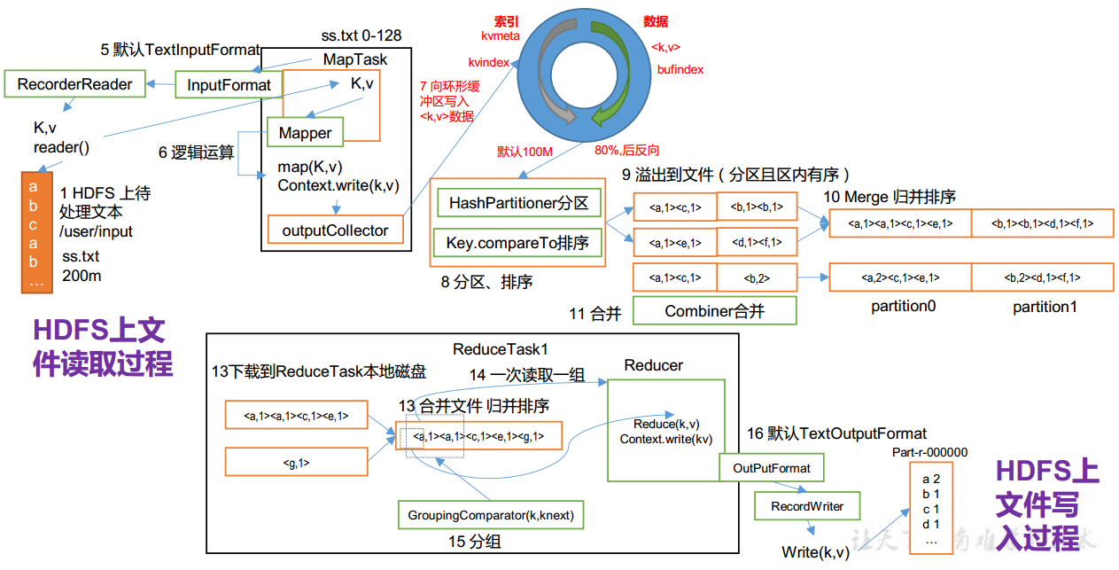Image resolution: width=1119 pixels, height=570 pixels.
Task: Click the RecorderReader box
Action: pyautogui.click(x=74, y=85)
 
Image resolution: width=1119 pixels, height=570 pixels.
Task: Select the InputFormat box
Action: pyautogui.click(x=229, y=85)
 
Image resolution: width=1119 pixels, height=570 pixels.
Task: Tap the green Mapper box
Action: pyautogui.click(x=305, y=133)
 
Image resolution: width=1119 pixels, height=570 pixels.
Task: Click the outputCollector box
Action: pyautogui.click(x=335, y=230)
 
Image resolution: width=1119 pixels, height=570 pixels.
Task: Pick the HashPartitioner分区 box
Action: pyautogui.click(x=518, y=203)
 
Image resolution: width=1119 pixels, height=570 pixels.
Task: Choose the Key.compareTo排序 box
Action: pyautogui.click(x=518, y=243)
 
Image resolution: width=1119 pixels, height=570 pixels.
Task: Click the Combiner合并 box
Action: pyautogui.click(x=714, y=311)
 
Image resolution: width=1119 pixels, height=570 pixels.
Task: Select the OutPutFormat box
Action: pyautogui.click(x=771, y=467)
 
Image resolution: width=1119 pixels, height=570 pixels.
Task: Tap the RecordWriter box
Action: pyautogui.click(x=807, y=506)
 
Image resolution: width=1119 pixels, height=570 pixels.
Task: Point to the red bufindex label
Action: pyautogui.click(x=680, y=69)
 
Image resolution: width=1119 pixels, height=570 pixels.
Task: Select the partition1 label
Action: pyautogui.click(x=1045, y=307)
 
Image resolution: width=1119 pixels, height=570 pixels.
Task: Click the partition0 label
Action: pyautogui.click(x=903, y=307)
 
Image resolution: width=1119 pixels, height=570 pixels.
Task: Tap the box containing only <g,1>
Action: pyautogui.click(x=296, y=462)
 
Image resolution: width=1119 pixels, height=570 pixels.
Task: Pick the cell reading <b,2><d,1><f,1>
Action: pyautogui.click(x=1042, y=277)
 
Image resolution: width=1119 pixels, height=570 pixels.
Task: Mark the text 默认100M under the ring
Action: pyautogui.click(x=525, y=152)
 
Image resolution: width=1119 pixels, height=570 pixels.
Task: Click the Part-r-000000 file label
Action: pyautogui.click(x=929, y=452)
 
